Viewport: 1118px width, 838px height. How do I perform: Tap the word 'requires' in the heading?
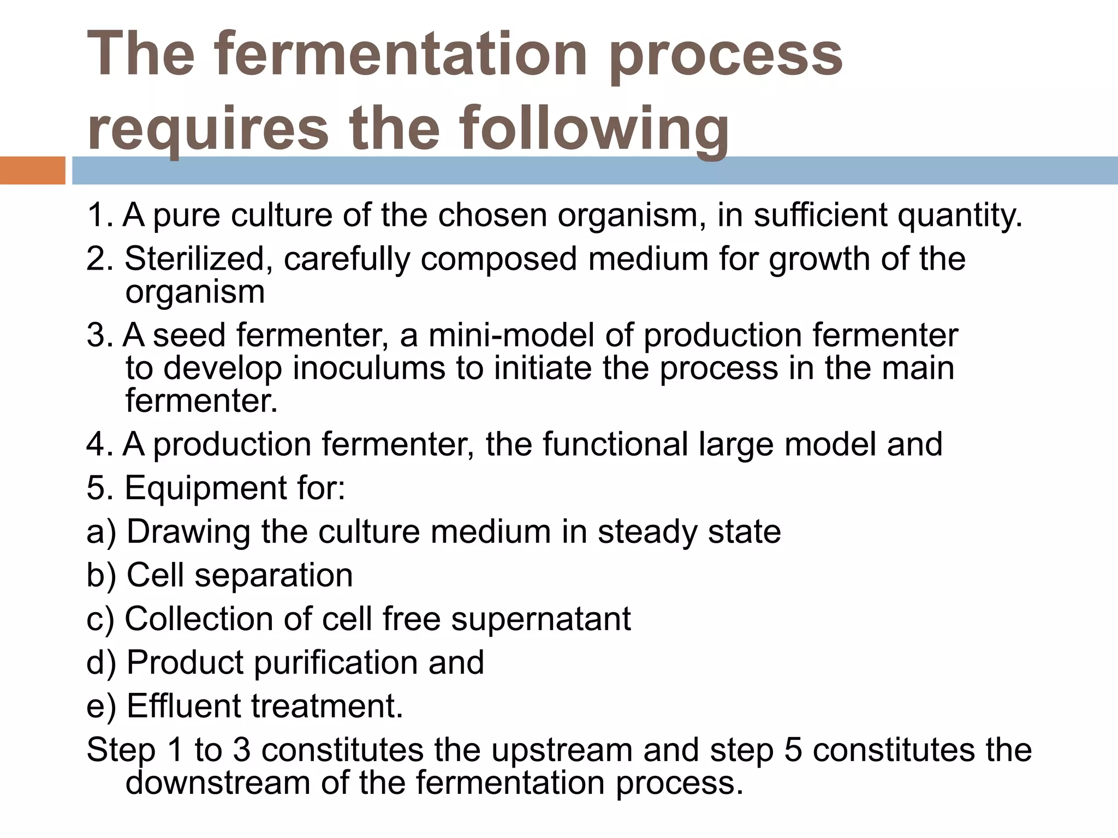(x=207, y=129)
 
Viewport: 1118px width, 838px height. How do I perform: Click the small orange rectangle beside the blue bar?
(x=32, y=170)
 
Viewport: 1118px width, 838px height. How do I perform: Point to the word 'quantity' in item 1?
(x=959, y=215)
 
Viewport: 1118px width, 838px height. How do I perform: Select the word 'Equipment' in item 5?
(x=206, y=488)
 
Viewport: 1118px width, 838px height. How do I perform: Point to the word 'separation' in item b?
(x=273, y=575)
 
